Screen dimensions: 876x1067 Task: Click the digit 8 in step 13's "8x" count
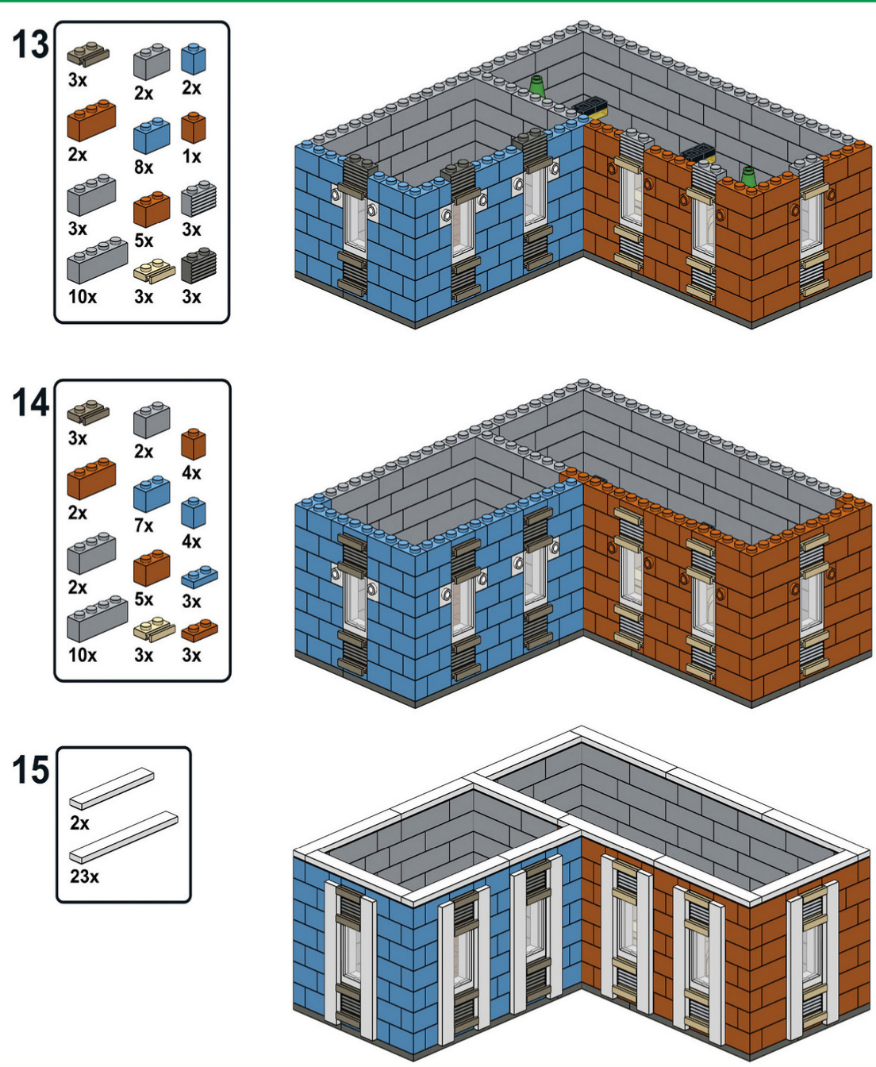[x=139, y=167]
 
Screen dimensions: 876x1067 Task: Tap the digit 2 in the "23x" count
[x=75, y=876]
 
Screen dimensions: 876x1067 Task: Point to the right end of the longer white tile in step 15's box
[x=177, y=817]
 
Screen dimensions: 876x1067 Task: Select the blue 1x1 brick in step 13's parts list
[x=193, y=59]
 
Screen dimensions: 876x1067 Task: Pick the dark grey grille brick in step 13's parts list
[x=199, y=265]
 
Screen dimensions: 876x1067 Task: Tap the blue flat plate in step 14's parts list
[x=199, y=576]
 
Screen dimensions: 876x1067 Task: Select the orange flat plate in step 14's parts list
[x=199, y=630]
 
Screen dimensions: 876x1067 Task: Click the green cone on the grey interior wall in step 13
[x=537, y=87]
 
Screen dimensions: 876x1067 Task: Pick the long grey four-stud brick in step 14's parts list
[x=97, y=618]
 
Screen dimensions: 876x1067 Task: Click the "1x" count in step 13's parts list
[x=192, y=157]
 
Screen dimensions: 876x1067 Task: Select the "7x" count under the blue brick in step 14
[x=144, y=526]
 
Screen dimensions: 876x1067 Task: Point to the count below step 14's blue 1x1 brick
[x=192, y=541]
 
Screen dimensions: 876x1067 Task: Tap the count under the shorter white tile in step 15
[x=79, y=823]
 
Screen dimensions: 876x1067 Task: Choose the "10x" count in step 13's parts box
[x=83, y=296]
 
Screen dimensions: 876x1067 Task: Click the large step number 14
[x=31, y=403]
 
